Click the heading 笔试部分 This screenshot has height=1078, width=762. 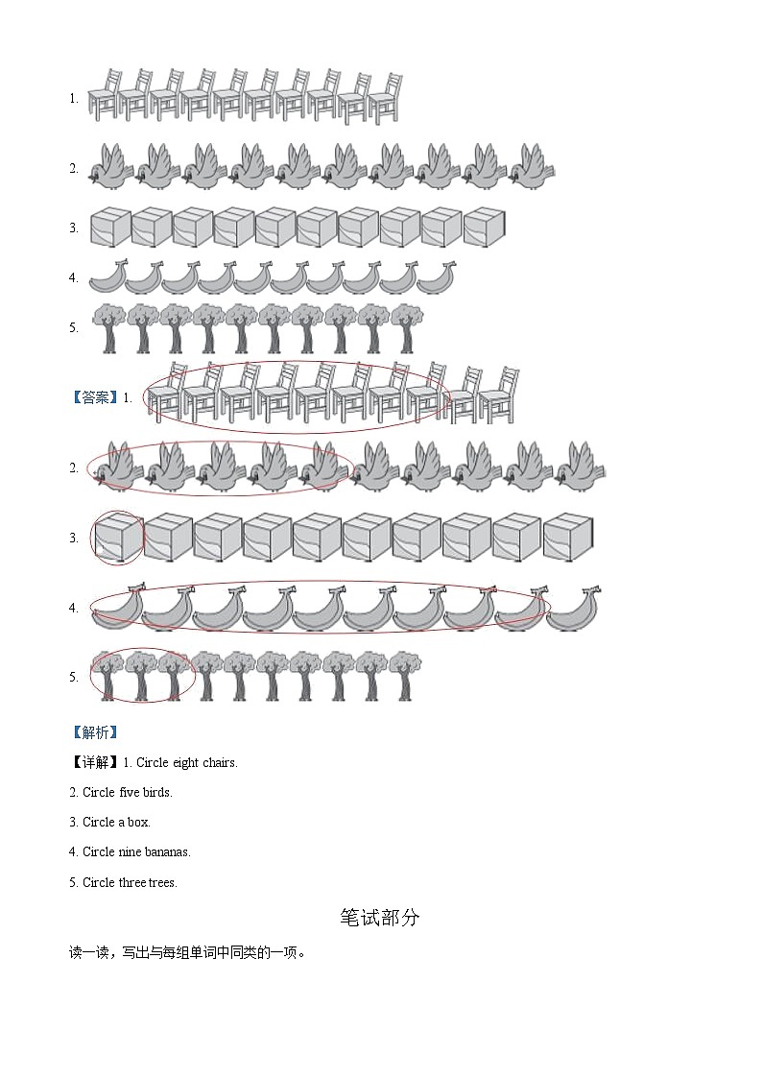pos(380,918)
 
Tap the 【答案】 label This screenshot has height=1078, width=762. pos(94,397)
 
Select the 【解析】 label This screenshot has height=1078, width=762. pos(94,732)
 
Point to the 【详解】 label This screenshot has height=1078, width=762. pos(94,763)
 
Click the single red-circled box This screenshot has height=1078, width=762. pos(117,538)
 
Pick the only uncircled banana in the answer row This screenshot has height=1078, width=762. pos(573,609)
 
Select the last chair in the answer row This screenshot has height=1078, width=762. pos(498,395)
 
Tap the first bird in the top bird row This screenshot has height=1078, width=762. pos(110,168)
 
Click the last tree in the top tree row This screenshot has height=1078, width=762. pos(407,327)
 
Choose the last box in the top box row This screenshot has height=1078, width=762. pos(485,228)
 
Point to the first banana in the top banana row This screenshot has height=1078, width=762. pos(107,277)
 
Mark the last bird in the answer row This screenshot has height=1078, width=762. pos(581,467)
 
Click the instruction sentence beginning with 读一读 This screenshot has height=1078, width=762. pos(186,953)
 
